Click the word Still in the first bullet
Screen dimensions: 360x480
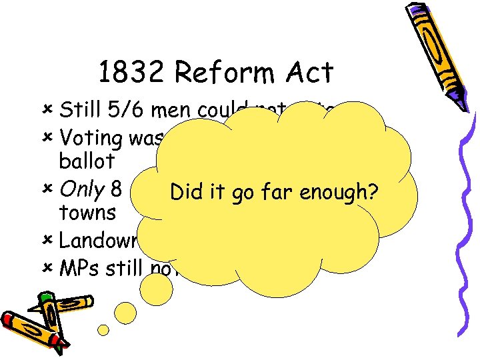[x=78, y=109]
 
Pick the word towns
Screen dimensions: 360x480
[x=87, y=213]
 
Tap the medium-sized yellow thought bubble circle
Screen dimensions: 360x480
[x=157, y=290]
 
